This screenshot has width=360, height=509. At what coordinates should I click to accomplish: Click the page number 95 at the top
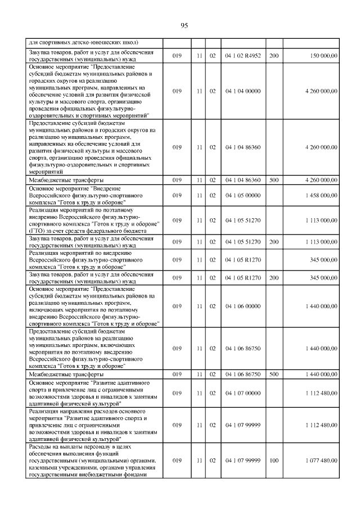tap(184, 25)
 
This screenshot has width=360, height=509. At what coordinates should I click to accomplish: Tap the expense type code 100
tap(274, 461)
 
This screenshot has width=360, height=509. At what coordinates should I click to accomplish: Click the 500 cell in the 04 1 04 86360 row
tap(274, 180)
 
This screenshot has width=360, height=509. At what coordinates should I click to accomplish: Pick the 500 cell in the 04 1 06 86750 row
tap(274, 374)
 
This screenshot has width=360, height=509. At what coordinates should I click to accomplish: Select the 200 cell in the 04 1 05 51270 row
tap(274, 242)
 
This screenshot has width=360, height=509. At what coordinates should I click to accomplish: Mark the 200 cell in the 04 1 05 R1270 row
tap(274, 278)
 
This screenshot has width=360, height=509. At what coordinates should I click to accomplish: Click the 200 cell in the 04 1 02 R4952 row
tap(274, 56)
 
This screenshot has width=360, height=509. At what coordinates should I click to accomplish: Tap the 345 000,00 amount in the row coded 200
tap(321, 278)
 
